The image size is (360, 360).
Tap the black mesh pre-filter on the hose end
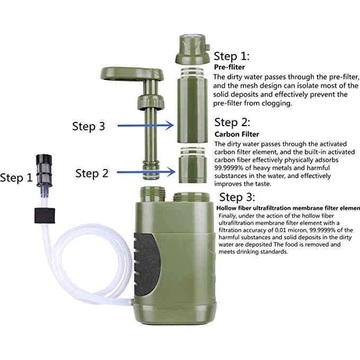click(x=44, y=170)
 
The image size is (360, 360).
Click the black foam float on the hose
click(x=45, y=216)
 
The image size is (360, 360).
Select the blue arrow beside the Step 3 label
click(x=146, y=125)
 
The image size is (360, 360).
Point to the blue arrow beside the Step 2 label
click(x=146, y=172)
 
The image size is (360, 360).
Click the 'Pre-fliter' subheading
click(x=230, y=67)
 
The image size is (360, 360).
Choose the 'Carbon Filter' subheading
click(x=236, y=134)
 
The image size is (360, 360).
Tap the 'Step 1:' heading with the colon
click(x=231, y=56)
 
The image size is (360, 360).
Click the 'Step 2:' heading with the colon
click(x=232, y=122)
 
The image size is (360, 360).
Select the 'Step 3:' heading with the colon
click(x=237, y=197)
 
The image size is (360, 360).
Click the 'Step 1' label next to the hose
click(x=16, y=178)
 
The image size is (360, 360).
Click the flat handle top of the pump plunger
click(x=132, y=74)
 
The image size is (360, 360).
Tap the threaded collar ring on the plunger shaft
click(x=151, y=102)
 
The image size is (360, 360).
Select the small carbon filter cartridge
click(x=192, y=165)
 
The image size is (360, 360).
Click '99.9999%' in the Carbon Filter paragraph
click(x=229, y=168)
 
